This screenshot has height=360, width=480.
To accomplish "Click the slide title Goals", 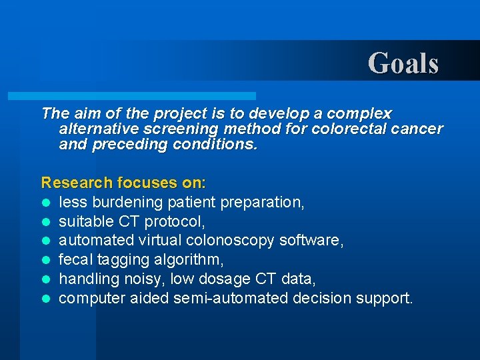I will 403,63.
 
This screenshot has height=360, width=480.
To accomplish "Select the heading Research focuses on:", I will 124,182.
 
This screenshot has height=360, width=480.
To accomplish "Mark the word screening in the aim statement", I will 172,129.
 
